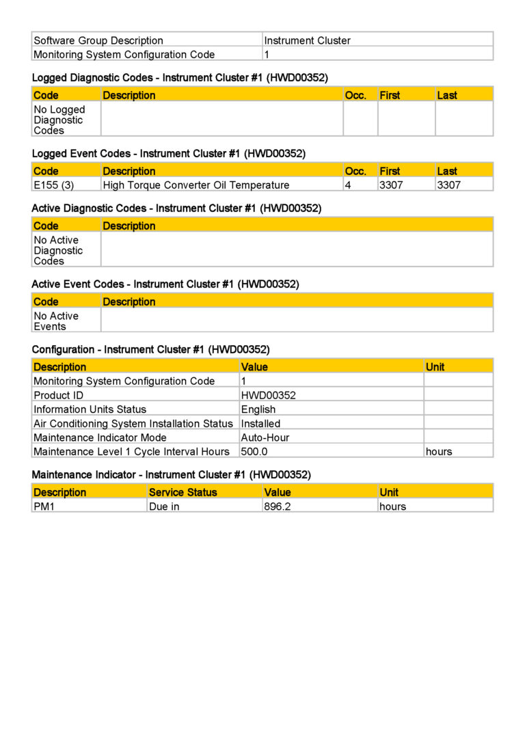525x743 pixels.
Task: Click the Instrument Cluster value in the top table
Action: [307, 40]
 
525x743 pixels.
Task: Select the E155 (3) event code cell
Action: [54, 185]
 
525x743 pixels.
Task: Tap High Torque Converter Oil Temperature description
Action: [196, 185]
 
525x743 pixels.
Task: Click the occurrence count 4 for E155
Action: [348, 185]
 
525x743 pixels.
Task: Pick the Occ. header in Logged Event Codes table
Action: [355, 171]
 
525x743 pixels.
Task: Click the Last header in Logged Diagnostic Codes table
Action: [447, 95]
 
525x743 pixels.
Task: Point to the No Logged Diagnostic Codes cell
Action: [59, 120]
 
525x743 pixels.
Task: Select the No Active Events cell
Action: [56, 321]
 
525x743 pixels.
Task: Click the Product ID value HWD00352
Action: [268, 395]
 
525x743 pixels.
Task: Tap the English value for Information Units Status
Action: [258, 409]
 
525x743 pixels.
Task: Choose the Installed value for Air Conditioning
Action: [260, 424]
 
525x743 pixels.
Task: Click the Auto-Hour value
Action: [265, 437]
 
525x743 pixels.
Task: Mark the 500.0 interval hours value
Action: [254, 452]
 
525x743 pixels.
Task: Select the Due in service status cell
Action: [164, 506]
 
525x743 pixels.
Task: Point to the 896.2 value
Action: [278, 506]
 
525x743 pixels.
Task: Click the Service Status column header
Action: [183, 492]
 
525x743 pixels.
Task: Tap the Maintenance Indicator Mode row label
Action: [100, 437]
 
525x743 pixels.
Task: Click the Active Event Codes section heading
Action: [165, 284]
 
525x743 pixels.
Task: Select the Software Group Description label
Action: [98, 40]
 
